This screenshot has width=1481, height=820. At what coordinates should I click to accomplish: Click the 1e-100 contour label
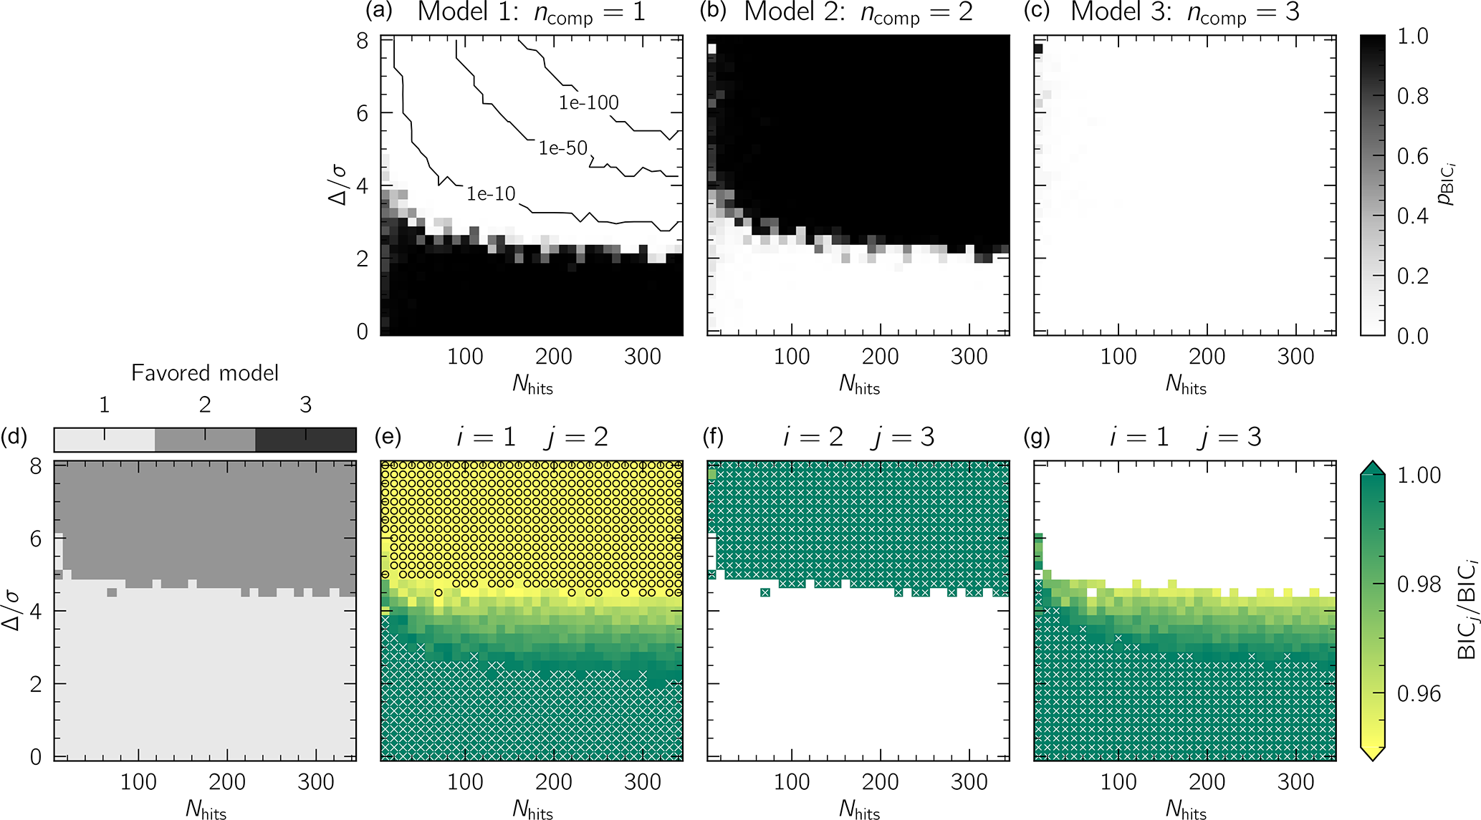coord(588,103)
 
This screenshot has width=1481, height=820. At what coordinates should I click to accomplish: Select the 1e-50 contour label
coord(563,148)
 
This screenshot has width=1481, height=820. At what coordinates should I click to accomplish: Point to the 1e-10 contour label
coord(491,193)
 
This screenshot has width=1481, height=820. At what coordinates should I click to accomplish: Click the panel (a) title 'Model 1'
coord(468,12)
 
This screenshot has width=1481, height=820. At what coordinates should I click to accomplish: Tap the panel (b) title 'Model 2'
coord(795,12)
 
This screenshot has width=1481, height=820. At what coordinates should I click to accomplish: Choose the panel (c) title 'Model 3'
coord(1121,12)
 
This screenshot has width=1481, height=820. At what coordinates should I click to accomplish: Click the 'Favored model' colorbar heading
coord(205,373)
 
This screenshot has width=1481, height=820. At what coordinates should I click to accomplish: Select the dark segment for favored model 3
coord(306,440)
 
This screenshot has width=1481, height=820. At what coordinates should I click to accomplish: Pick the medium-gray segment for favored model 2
coord(205,440)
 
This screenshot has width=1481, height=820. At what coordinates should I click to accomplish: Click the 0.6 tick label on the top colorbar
coord(1413,156)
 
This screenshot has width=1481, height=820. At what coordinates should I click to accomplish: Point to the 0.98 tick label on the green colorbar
coord(1419,585)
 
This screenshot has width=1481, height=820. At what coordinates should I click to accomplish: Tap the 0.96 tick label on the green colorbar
coord(1419,694)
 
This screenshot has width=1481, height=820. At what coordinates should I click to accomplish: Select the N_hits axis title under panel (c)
coord(1186,385)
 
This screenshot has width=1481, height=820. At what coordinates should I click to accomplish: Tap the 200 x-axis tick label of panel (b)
coord(880,357)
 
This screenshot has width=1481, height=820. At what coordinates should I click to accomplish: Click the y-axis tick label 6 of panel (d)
coord(35,539)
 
